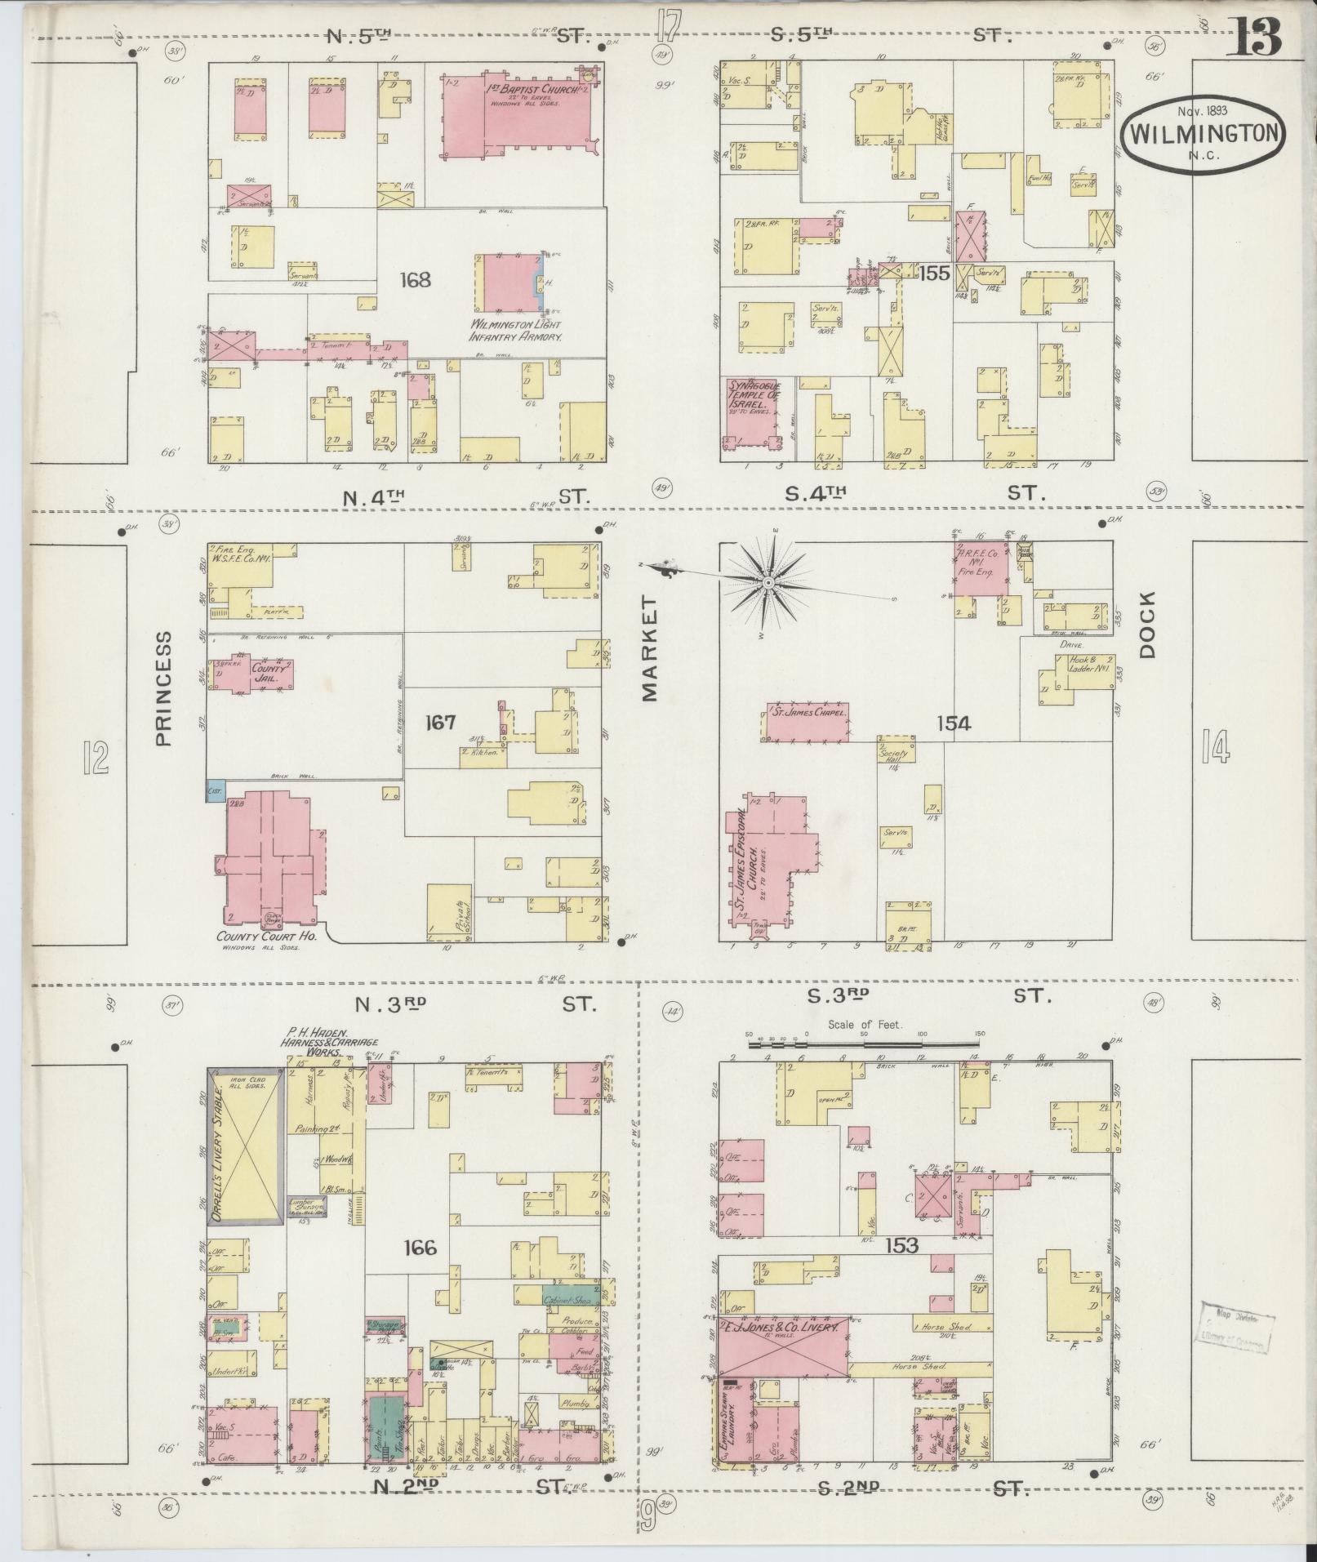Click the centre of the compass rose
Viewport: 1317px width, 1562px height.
coord(767,582)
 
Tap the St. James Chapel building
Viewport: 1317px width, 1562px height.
coord(807,721)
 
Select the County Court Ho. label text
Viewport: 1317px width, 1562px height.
coord(266,937)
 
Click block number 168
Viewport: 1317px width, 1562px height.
coord(415,281)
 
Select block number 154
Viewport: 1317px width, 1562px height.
coord(953,723)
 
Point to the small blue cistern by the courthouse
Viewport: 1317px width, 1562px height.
coord(216,791)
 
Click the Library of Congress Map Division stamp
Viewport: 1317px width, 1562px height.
coord(1234,1328)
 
